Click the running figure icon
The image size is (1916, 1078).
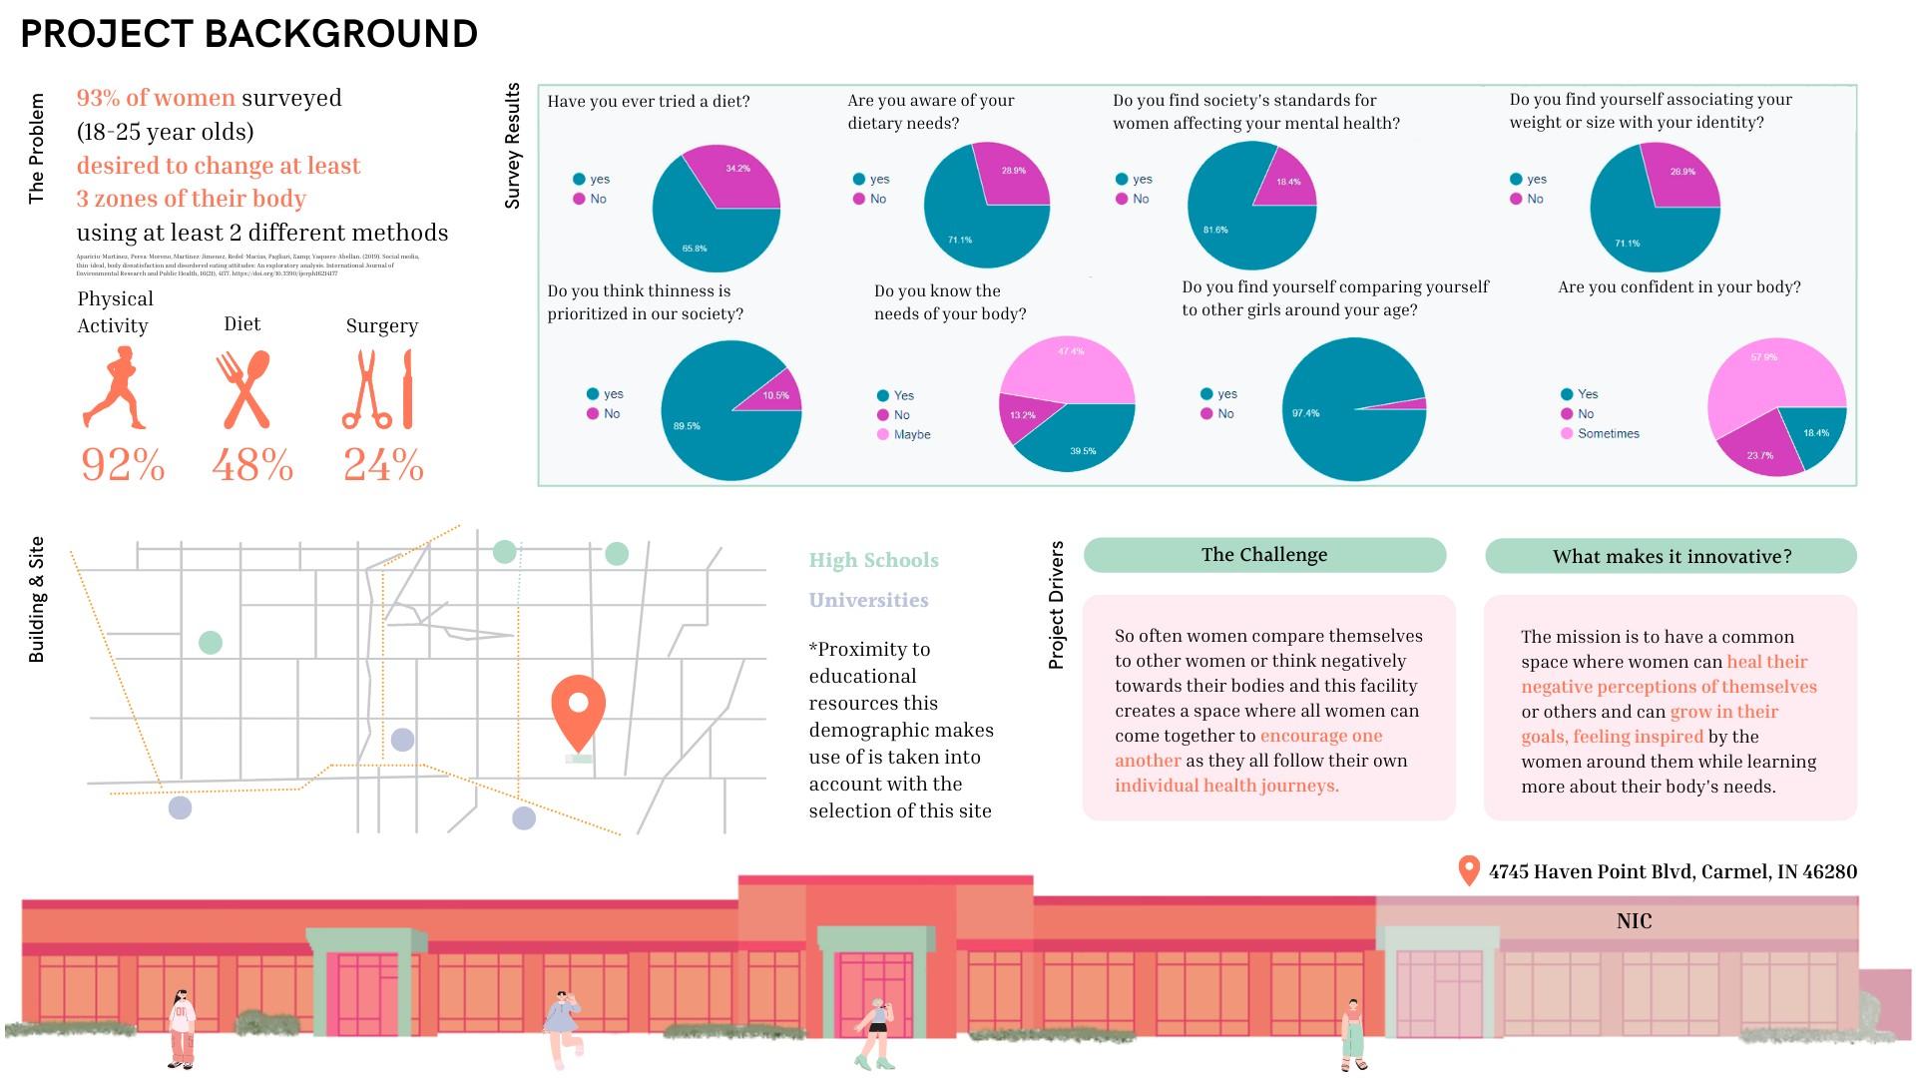tap(117, 389)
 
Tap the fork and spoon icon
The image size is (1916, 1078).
tap(243, 389)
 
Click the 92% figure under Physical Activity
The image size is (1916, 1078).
tap(123, 465)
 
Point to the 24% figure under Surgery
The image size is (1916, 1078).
tap(383, 465)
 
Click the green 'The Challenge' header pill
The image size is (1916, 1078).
tap(1264, 555)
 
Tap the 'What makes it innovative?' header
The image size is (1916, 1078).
tap(1672, 556)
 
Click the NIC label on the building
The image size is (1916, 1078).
tap(1634, 920)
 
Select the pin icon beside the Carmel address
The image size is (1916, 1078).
tap(1468, 869)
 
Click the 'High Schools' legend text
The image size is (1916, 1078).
tap(873, 560)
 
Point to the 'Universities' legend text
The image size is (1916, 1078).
tap(868, 600)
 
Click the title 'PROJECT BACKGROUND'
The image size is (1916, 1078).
tap(249, 34)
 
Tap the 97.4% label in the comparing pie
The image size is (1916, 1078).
tap(1305, 412)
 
